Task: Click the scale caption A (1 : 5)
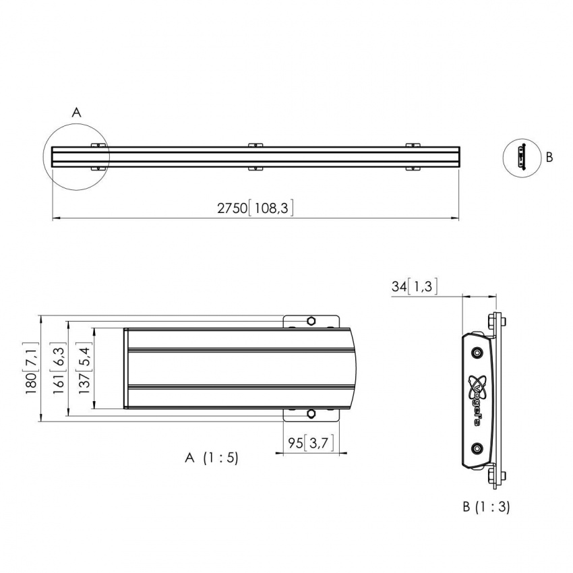(211, 458)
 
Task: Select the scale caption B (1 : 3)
(486, 506)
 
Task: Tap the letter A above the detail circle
(76, 113)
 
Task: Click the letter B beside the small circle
(549, 157)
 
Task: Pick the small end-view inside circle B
(520, 156)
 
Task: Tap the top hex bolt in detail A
(311, 320)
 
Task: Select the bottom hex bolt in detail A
(311, 413)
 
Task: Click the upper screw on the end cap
(477, 353)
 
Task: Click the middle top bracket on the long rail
(254, 146)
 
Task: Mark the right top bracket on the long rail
(412, 146)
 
